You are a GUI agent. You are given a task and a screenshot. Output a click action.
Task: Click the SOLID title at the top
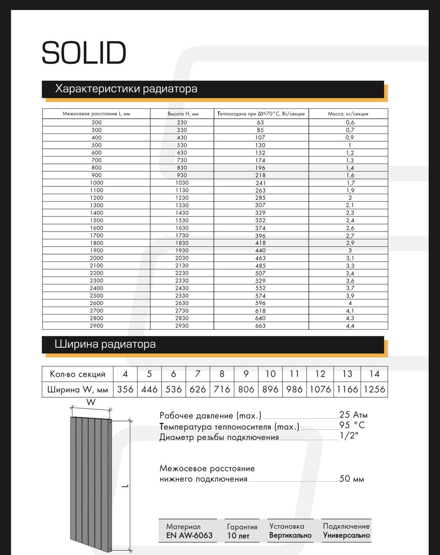(84, 53)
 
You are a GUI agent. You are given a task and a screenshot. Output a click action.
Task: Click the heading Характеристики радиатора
(126, 89)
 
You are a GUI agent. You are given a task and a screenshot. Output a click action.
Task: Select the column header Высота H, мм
(183, 114)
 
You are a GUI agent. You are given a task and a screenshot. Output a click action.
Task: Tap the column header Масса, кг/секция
(348, 114)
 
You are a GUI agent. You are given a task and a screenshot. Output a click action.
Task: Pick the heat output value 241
(261, 183)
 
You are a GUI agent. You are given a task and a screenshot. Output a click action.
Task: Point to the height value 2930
(182, 326)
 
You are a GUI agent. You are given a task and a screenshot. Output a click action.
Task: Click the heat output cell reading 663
(261, 326)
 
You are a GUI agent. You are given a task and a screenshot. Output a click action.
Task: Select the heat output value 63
(261, 122)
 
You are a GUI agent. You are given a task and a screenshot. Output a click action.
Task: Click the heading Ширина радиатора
(105, 344)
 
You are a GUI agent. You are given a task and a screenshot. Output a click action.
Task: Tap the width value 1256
(375, 389)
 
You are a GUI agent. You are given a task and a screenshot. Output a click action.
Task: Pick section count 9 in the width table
(246, 374)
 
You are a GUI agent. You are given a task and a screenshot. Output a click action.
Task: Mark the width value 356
(125, 389)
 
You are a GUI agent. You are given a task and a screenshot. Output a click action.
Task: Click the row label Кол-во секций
(78, 374)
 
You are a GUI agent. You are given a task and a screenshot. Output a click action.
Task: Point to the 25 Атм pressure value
(353, 415)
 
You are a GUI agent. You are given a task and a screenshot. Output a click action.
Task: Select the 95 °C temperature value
(352, 425)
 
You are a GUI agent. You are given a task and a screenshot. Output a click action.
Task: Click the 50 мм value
(352, 479)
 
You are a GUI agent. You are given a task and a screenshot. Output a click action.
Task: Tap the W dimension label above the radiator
(91, 402)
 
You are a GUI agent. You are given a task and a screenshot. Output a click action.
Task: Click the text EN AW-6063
(189, 535)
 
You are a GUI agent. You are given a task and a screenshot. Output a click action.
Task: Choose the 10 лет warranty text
(238, 536)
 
